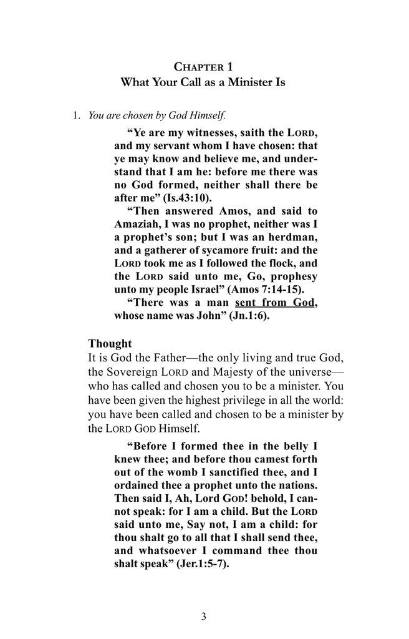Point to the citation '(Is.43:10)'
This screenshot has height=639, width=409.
click(171, 198)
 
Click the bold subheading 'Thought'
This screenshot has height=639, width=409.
click(110, 343)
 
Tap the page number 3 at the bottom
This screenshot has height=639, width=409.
click(204, 618)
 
